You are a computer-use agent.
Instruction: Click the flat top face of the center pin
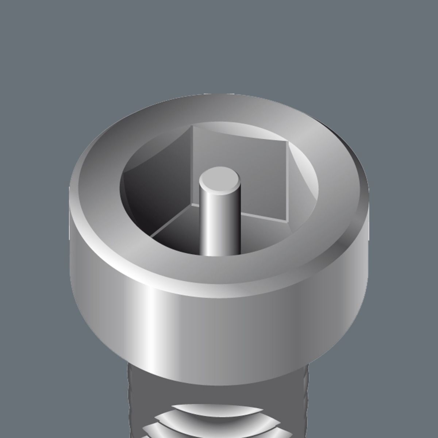tap(219, 181)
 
